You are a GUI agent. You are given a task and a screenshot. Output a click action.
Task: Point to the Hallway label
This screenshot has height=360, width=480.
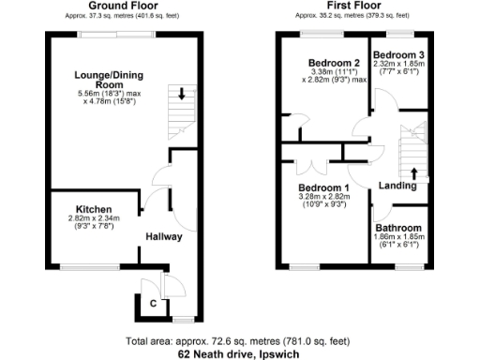163,236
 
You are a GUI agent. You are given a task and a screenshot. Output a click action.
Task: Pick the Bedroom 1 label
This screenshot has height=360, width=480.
322,187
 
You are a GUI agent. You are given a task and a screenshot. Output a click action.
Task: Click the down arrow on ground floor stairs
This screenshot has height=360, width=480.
181,94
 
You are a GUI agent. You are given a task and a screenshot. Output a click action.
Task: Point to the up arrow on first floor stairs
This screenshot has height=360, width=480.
413,172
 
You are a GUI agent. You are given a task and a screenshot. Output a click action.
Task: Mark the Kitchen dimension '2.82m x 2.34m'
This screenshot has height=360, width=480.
94,217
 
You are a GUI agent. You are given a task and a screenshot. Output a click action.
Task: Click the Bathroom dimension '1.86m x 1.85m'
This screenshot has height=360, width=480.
399,237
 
